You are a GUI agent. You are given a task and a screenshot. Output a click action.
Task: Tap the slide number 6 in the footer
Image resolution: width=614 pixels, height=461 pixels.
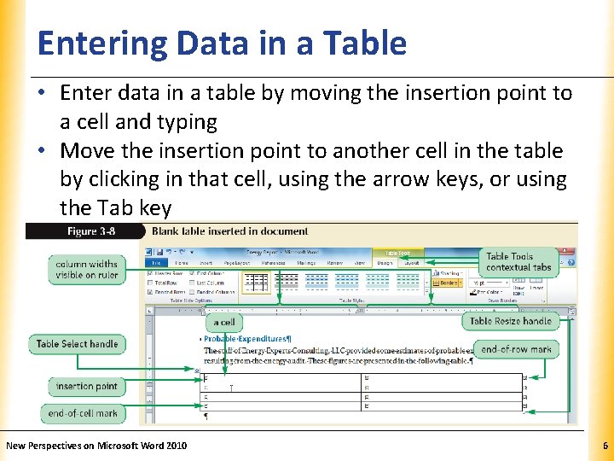[x=605, y=446]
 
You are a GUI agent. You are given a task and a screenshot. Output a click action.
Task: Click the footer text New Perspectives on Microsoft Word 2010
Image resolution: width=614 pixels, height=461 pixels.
[x=96, y=446]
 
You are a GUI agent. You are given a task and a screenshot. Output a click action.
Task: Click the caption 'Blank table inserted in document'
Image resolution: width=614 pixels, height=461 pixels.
[x=229, y=231]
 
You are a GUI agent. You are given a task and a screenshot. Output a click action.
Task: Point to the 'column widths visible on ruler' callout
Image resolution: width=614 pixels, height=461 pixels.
[x=86, y=269]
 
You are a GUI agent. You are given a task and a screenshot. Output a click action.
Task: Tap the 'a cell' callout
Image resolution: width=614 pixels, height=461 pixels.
[x=224, y=322]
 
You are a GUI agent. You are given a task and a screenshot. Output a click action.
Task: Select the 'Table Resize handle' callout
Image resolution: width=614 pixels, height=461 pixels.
[x=510, y=321]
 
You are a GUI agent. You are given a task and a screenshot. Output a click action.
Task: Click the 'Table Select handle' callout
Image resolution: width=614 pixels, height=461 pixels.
[x=77, y=344]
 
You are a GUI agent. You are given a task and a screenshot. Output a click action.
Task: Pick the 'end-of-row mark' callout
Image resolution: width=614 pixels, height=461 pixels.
[x=516, y=349]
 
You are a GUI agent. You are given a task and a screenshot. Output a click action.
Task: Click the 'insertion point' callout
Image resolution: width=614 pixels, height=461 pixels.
[x=86, y=387]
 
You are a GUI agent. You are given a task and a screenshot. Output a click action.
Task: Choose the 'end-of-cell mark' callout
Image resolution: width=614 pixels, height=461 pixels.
[x=83, y=413]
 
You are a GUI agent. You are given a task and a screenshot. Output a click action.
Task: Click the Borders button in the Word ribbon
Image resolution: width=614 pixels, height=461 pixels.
[x=449, y=282]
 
